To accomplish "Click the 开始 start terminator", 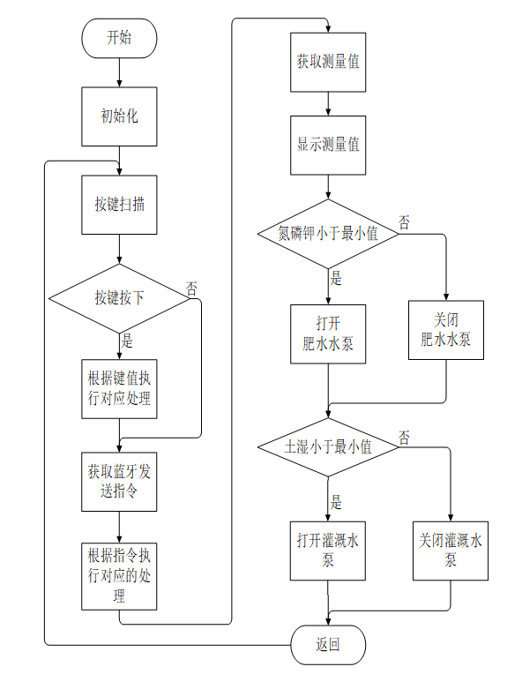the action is [x=119, y=38].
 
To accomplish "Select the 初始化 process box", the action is [x=119, y=116].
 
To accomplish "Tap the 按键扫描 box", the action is [x=119, y=205].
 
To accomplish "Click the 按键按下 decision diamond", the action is [x=119, y=299].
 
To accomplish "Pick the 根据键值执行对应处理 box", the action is [x=119, y=389].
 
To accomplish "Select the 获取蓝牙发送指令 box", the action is [x=119, y=482].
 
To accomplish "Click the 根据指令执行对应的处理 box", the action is [x=119, y=576].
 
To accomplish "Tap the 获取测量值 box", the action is [x=328, y=62].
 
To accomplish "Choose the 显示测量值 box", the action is [x=328, y=146].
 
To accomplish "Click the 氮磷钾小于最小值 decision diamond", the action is [x=328, y=234].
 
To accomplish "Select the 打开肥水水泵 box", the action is [x=328, y=334].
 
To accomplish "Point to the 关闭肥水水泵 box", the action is [x=446, y=330].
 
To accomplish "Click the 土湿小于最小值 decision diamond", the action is [x=328, y=447].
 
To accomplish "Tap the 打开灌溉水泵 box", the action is [x=328, y=551].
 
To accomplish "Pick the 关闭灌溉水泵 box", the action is [x=451, y=551].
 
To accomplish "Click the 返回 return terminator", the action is [x=328, y=645].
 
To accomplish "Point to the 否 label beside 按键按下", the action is [x=191, y=289].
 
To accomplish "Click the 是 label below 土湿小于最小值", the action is [x=336, y=502].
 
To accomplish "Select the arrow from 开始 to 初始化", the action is [x=119, y=72].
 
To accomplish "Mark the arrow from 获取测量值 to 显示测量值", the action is [x=328, y=104].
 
